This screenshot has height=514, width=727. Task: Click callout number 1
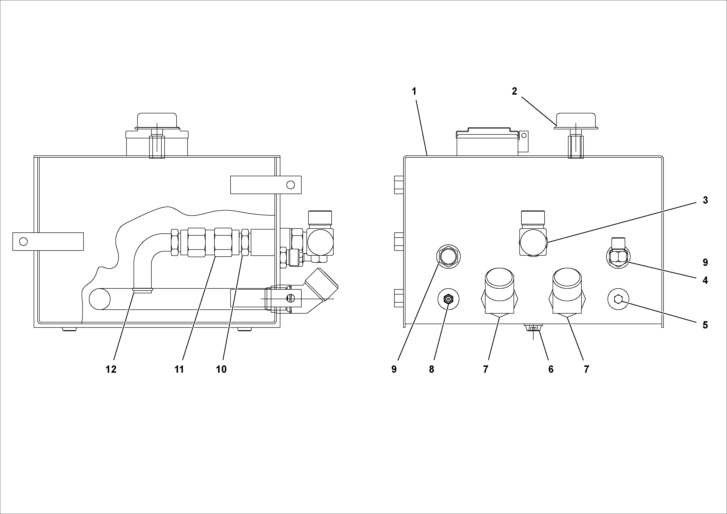click(x=414, y=92)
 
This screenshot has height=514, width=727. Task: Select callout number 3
click(x=705, y=200)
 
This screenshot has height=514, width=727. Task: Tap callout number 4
click(x=705, y=280)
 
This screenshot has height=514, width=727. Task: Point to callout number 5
click(x=705, y=325)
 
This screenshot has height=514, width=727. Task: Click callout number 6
click(x=551, y=369)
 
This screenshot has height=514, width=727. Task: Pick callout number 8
click(x=432, y=369)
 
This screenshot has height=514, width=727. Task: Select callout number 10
click(x=221, y=369)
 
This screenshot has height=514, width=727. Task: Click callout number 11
click(x=179, y=369)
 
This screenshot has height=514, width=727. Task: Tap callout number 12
click(x=111, y=369)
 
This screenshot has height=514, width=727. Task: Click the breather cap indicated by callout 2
click(x=576, y=120)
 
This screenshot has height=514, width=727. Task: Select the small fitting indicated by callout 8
click(x=448, y=299)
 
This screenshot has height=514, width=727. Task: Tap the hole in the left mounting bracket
click(x=23, y=241)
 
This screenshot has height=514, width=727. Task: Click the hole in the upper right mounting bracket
click(x=290, y=185)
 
